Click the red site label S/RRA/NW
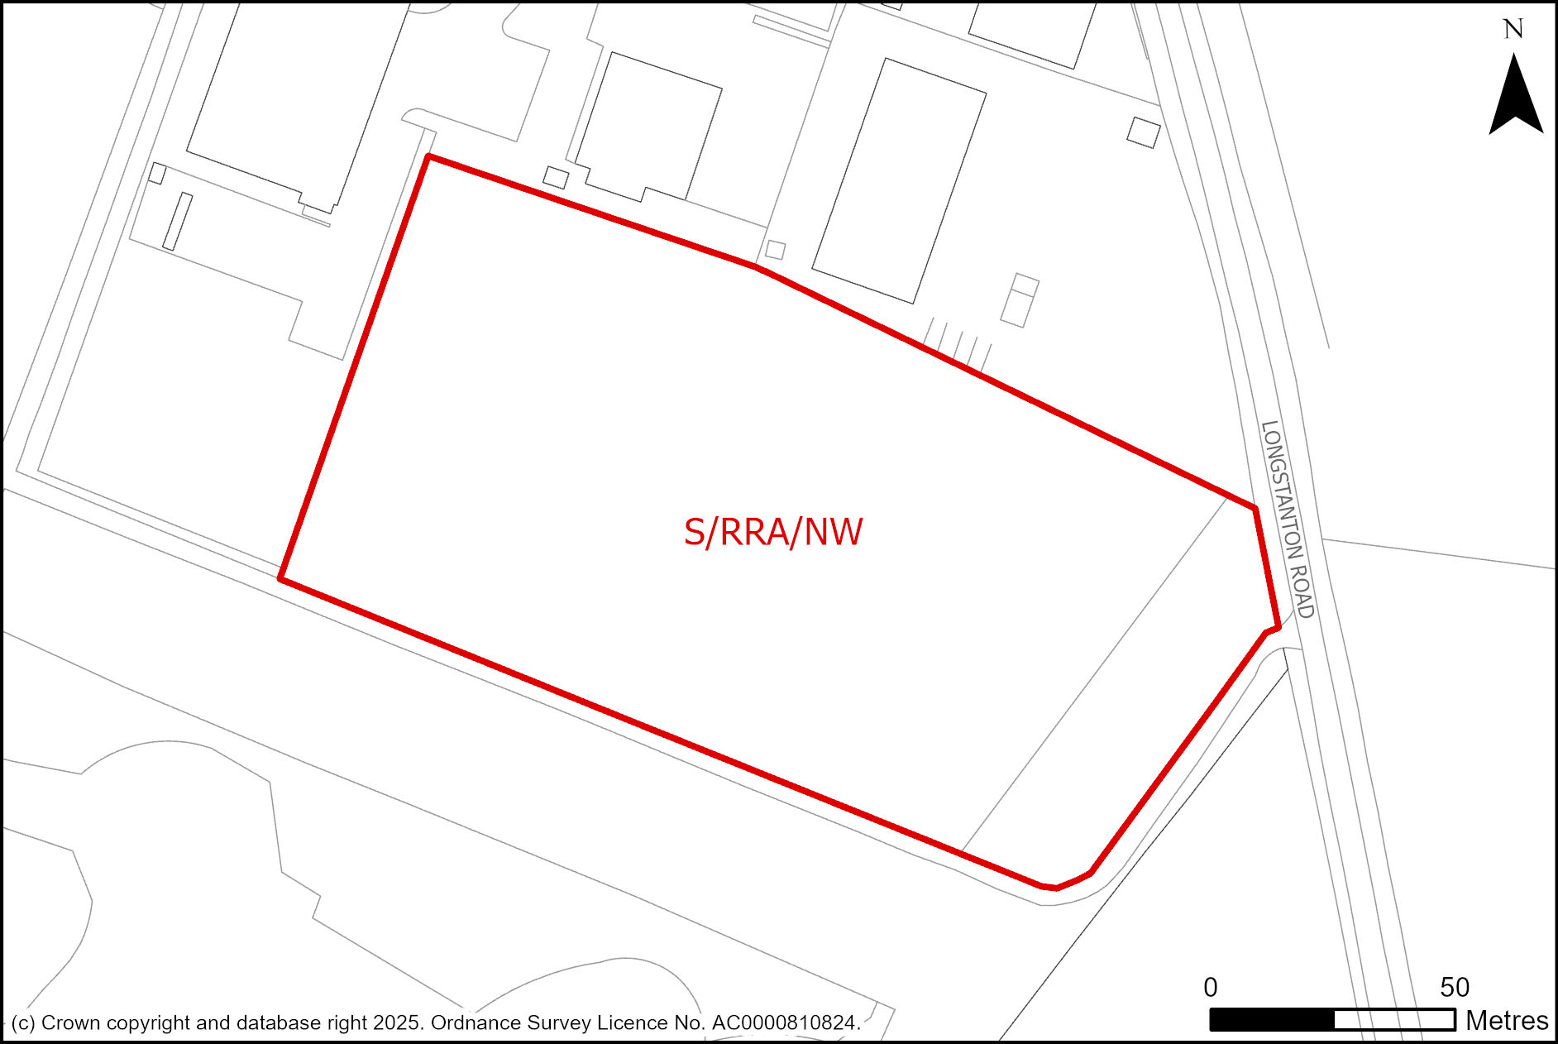tap(773, 532)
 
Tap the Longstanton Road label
tap(1288, 519)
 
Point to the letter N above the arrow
tap(1513, 30)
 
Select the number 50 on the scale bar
tap(1455, 987)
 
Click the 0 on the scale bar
tap(1211, 987)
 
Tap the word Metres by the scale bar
tap(1507, 1021)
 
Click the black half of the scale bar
tap(1272, 1020)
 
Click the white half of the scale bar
tap(1394, 1020)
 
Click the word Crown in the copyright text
tap(67, 1023)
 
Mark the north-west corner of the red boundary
tap(428, 156)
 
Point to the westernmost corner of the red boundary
tap(281, 578)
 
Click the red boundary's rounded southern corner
tap(1057, 888)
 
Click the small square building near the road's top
tap(1144, 132)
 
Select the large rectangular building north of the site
tap(900, 180)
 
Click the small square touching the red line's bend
tap(775, 249)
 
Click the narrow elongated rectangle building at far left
tap(177, 222)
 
